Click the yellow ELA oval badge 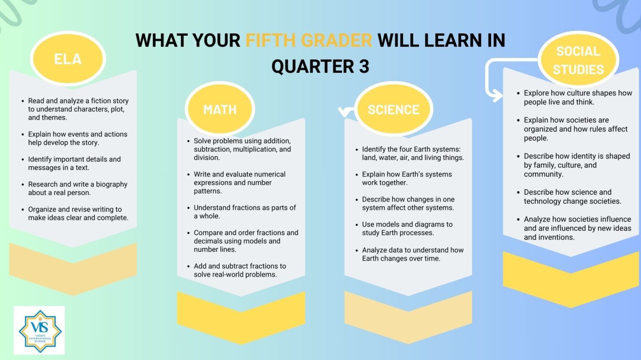(x=68, y=59)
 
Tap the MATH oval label (x=220, y=109)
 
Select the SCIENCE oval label (x=393, y=109)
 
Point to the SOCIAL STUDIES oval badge (x=578, y=60)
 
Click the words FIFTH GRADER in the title (x=309, y=40)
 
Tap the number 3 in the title (x=364, y=66)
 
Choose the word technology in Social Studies (x=543, y=202)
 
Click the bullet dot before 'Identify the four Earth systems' (x=357, y=149)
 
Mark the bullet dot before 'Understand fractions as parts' (x=188, y=208)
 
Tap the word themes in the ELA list (x=57, y=118)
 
